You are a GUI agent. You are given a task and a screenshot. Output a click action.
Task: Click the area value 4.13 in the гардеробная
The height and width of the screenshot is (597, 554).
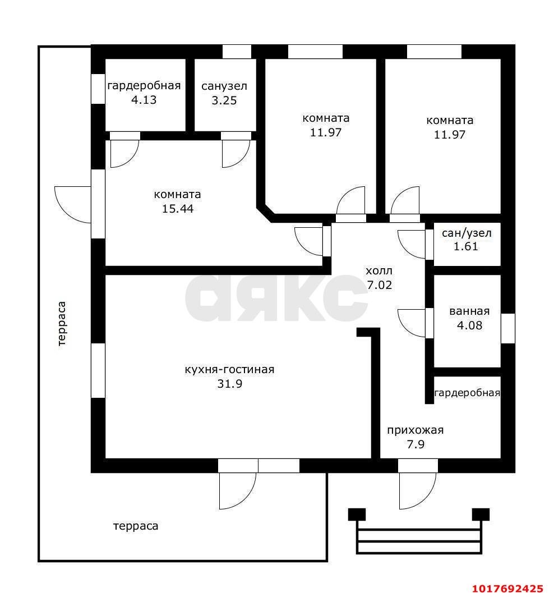pos(144,100)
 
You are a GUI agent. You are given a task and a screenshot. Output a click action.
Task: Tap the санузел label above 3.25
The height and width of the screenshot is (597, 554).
pos(224,86)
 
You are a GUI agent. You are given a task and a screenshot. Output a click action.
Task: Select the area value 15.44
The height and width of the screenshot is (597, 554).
pos(178,209)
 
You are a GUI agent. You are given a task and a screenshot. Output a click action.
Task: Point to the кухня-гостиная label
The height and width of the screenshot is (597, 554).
pos(229,370)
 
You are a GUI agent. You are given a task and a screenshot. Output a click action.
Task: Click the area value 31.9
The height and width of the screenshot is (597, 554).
pos(230,384)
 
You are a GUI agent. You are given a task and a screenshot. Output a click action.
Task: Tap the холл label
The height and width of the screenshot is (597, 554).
pos(379,271)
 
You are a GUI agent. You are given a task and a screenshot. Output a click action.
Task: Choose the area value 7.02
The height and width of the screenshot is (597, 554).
pos(380,285)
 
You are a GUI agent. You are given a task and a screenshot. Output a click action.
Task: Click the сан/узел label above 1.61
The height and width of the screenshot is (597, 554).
pos(467,233)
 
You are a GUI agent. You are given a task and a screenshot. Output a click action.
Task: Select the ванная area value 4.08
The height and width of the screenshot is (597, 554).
pos(469,325)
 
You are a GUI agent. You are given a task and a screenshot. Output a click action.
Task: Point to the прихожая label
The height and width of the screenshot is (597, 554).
pos(415,430)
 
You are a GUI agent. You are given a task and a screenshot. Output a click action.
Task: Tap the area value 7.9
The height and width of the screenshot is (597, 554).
pos(416,444)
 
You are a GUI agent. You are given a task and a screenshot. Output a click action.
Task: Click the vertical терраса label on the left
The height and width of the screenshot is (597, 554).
pos(62,324)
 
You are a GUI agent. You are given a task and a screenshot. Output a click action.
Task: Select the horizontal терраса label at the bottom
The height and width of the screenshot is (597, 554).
pos(136,526)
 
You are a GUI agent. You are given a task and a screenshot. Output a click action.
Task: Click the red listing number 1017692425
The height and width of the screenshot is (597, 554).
pos(507,589)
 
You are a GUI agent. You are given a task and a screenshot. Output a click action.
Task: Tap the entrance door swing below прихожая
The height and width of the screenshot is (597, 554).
pos(417,491)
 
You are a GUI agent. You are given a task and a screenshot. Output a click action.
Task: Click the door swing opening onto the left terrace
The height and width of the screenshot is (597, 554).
pos(73,205)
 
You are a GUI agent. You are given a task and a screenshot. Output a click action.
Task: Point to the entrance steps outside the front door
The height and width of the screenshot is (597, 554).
pos(419,531)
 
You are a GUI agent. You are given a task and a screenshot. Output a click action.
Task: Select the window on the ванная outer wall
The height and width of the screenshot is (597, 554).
pos(508,328)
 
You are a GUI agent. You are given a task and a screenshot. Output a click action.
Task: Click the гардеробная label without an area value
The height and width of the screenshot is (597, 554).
pos(467,393)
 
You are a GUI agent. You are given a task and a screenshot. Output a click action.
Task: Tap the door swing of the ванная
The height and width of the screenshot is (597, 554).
pos(412,323)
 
